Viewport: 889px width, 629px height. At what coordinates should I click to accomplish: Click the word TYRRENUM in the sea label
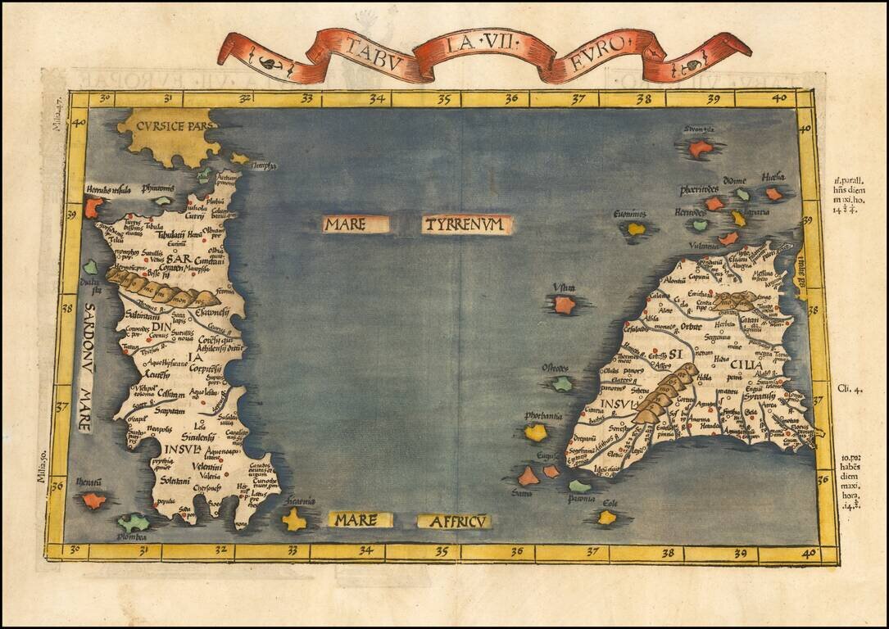(467, 225)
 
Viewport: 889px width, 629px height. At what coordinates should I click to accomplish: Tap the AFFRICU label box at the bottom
(454, 521)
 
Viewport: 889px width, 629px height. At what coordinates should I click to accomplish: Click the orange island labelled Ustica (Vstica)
(564, 305)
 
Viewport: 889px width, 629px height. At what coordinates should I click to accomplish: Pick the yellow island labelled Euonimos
(636, 229)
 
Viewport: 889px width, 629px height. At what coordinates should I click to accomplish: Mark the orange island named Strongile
(700, 148)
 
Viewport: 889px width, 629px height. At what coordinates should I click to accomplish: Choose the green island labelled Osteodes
(561, 383)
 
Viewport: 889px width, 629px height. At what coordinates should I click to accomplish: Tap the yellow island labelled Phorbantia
(535, 432)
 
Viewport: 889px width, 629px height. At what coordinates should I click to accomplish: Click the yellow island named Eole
(606, 517)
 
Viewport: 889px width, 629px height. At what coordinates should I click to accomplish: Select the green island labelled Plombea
(133, 522)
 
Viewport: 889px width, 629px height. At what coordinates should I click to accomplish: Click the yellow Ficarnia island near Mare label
(294, 518)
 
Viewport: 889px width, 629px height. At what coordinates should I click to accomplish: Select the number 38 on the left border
(66, 310)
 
